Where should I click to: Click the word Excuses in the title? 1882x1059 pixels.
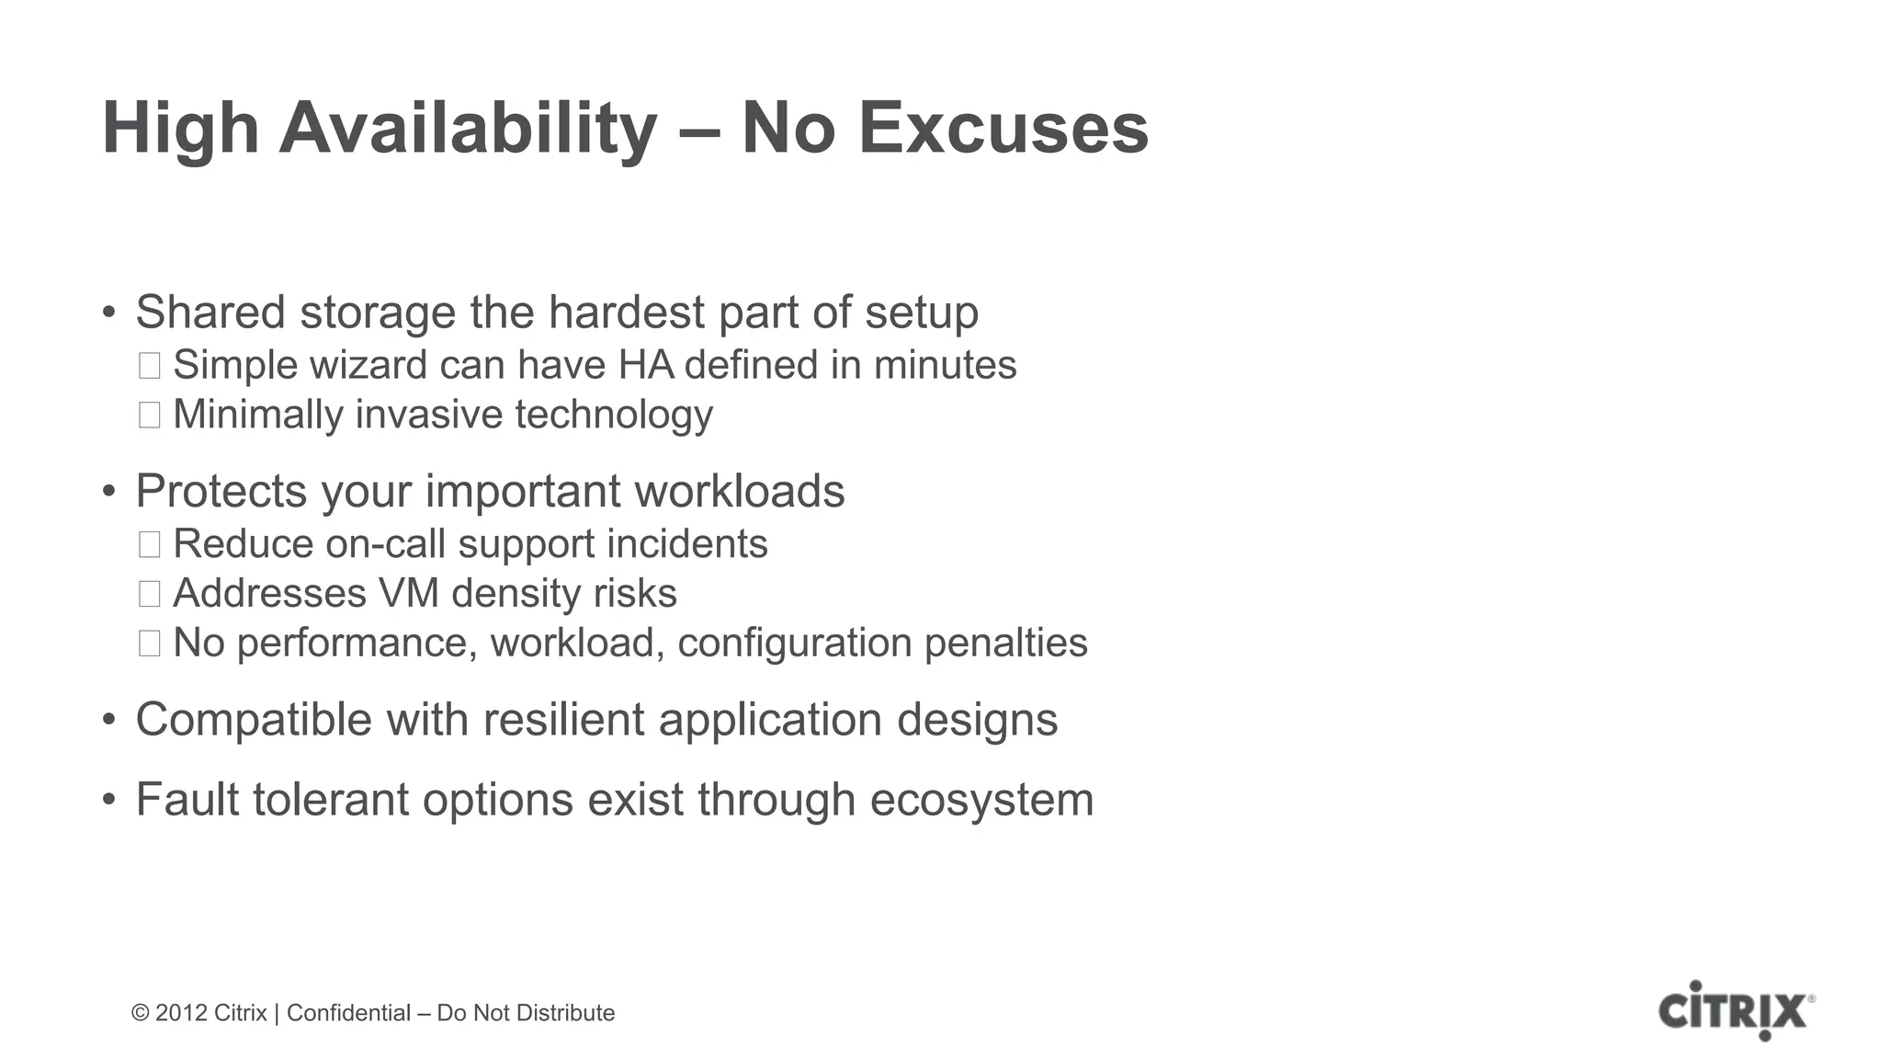(x=1003, y=129)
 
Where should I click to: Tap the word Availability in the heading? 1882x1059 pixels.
(x=468, y=129)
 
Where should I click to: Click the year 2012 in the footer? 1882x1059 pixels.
(x=181, y=1013)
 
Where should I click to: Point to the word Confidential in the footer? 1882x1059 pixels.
(x=348, y=1013)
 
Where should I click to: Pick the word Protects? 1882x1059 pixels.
(x=221, y=491)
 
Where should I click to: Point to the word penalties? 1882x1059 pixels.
(x=1005, y=643)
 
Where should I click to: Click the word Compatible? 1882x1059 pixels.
(x=254, y=720)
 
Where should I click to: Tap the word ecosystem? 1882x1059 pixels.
(x=981, y=800)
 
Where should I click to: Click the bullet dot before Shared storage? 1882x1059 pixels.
(x=109, y=313)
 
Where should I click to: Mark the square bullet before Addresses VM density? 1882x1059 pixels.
(x=149, y=594)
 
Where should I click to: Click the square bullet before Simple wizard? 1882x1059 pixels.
(x=149, y=366)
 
